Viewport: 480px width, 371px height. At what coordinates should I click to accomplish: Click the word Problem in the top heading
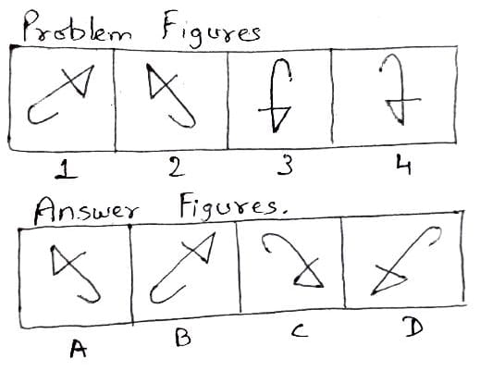coord(77,29)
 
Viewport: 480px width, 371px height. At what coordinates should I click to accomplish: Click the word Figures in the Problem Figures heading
coord(212,30)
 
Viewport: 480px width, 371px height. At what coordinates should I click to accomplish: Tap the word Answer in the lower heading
coord(86,211)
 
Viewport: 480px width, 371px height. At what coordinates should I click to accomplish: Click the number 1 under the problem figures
coord(66,169)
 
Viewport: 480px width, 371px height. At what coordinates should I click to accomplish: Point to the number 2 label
coord(177,167)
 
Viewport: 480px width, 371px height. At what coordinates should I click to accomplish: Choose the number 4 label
coord(404,166)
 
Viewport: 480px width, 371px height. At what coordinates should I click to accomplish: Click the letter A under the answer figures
coord(78,348)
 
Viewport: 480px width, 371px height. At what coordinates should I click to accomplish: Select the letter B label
coord(183,337)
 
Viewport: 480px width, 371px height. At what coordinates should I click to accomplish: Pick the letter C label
coord(299,330)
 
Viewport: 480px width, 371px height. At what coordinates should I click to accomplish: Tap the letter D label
coord(413,328)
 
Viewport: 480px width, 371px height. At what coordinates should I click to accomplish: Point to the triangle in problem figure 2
coord(156,82)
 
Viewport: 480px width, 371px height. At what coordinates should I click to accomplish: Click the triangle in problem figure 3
coord(281,118)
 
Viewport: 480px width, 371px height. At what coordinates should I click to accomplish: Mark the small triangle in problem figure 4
coord(397,112)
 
